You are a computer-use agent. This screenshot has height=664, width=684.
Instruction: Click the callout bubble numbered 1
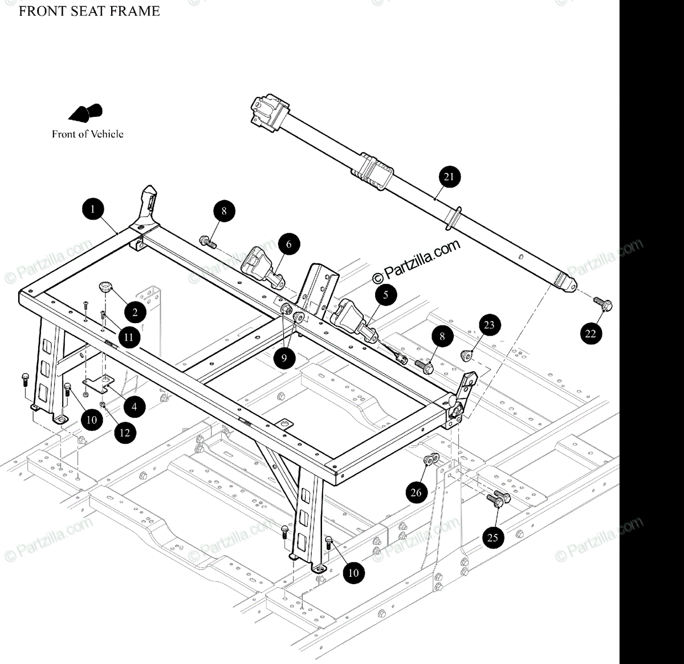pos(93,209)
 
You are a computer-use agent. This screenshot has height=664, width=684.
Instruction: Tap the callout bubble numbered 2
pos(135,312)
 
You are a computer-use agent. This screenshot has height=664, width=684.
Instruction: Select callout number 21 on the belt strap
pos(449,177)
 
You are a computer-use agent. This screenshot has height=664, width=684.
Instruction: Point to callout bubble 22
pos(591,333)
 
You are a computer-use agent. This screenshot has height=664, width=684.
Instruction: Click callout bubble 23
pos(489,325)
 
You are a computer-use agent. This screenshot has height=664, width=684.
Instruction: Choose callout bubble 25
pos(492,537)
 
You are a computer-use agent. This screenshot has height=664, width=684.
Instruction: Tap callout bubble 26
pos(416,492)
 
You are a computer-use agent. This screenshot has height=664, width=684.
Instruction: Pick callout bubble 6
pos(289,245)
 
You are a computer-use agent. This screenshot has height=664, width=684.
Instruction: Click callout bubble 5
pos(386,295)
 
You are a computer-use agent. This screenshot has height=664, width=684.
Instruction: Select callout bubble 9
pos(284,359)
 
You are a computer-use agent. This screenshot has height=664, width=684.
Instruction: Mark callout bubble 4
pos(135,407)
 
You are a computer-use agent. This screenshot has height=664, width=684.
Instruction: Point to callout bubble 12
pos(125,433)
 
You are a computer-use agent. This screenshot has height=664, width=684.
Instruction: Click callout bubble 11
pos(129,337)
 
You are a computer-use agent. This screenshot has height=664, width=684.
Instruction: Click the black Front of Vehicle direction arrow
pos(86,113)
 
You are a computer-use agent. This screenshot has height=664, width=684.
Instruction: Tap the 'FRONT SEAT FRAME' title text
pos(89,11)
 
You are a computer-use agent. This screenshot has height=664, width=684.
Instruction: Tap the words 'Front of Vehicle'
pos(88,135)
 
